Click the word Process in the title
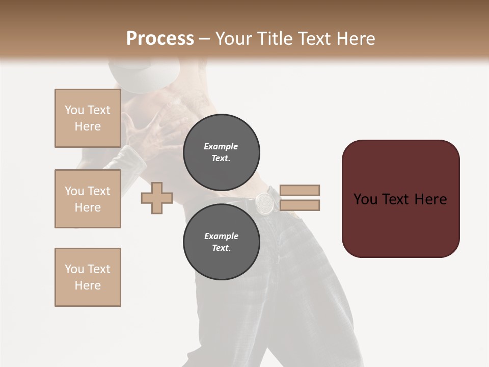[x=160, y=38]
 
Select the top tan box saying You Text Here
[x=88, y=118]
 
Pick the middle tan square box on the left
[x=88, y=199]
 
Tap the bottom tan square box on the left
[x=88, y=277]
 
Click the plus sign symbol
[x=157, y=198]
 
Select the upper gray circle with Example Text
[x=221, y=152]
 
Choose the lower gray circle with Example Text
[x=221, y=242]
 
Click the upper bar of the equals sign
[x=300, y=190]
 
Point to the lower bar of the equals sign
[x=300, y=205]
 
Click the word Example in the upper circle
[x=221, y=146]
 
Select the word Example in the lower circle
[x=221, y=236]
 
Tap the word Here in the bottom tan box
[x=88, y=285]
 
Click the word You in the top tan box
[x=74, y=110]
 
